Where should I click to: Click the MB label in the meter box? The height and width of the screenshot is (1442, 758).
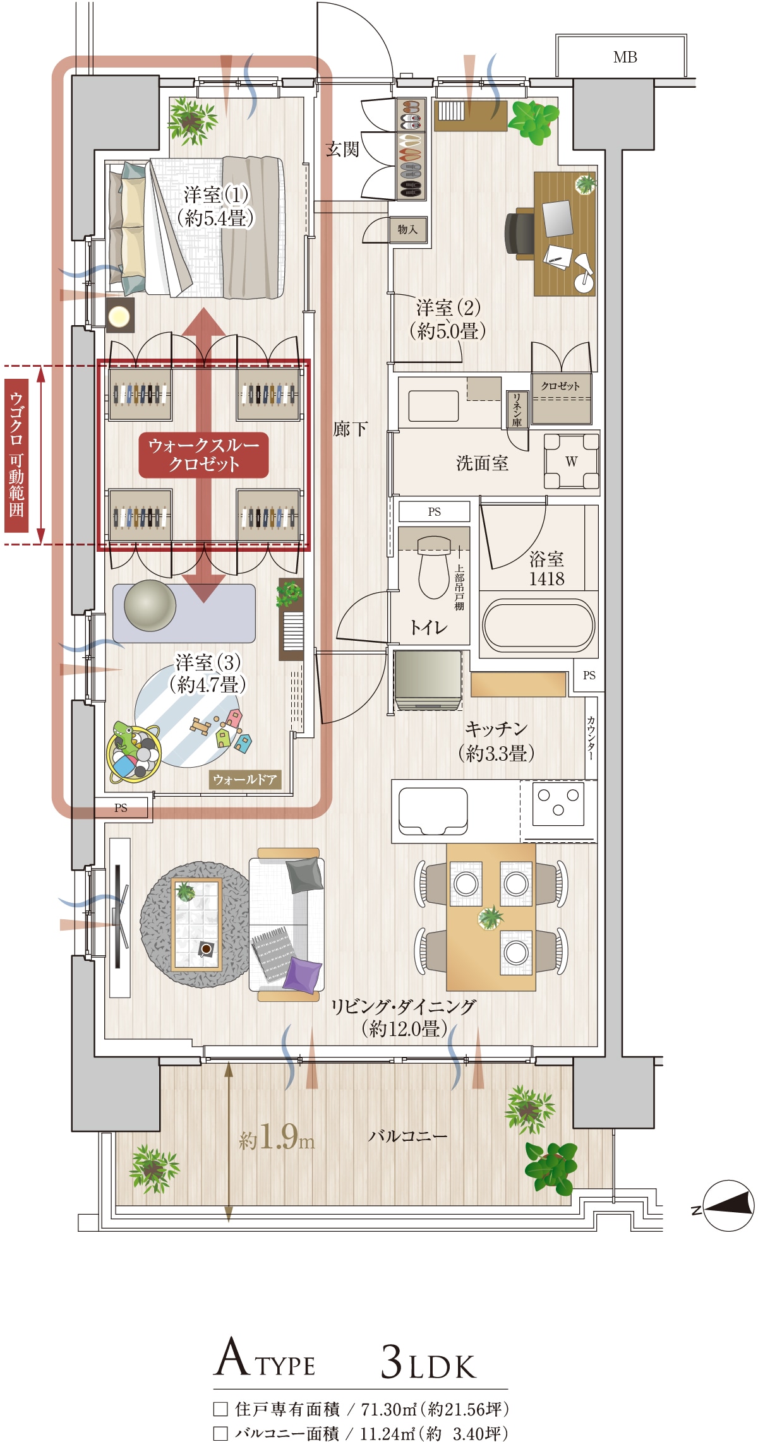(625, 57)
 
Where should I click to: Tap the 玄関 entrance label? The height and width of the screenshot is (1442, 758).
(342, 149)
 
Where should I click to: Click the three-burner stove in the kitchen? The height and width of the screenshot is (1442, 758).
(558, 803)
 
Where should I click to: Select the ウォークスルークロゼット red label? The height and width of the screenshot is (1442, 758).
(203, 455)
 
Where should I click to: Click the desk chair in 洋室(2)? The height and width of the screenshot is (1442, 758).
(519, 233)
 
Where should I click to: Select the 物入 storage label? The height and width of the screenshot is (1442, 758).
(407, 229)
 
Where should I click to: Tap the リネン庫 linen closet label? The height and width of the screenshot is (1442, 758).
(517, 409)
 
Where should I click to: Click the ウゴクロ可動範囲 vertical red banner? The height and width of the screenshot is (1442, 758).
(16, 455)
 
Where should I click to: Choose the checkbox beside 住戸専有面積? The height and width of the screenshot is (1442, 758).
(220, 1409)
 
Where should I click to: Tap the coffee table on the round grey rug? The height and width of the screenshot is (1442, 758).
(196, 924)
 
